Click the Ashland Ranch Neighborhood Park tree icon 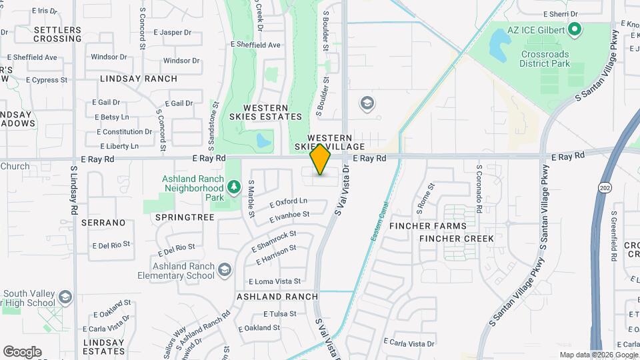pos(233,187)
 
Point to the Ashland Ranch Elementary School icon pos(225,269)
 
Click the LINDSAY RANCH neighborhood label pos(139,79)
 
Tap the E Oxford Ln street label pos(289,201)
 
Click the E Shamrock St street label pos(273,241)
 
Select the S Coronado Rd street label pos(479,190)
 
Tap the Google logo pos(22,352)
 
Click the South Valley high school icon pos(65,297)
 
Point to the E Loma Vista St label pos(275,281)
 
